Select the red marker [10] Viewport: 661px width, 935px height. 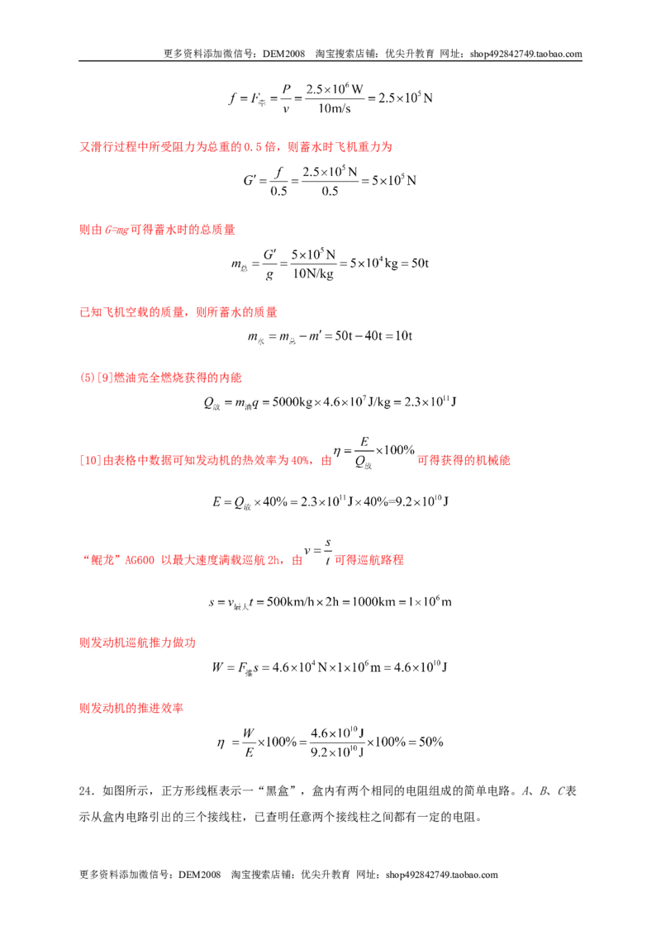click(90, 460)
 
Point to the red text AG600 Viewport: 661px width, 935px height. click(140, 561)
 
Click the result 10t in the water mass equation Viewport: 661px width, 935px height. click(404, 335)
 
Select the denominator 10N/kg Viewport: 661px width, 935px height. click(313, 273)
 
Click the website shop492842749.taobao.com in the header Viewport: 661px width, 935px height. click(525, 54)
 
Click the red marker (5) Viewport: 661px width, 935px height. click(87, 377)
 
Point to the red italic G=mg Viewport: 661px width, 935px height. click(117, 230)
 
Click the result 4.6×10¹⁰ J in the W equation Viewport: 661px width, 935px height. click(421, 667)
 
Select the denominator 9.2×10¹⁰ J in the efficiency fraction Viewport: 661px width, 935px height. click(337, 752)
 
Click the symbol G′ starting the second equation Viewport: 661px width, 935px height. click(250, 180)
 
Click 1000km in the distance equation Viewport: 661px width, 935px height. click(373, 601)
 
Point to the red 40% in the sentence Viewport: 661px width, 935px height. click(300, 460)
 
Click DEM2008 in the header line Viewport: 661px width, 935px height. click(283, 54)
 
